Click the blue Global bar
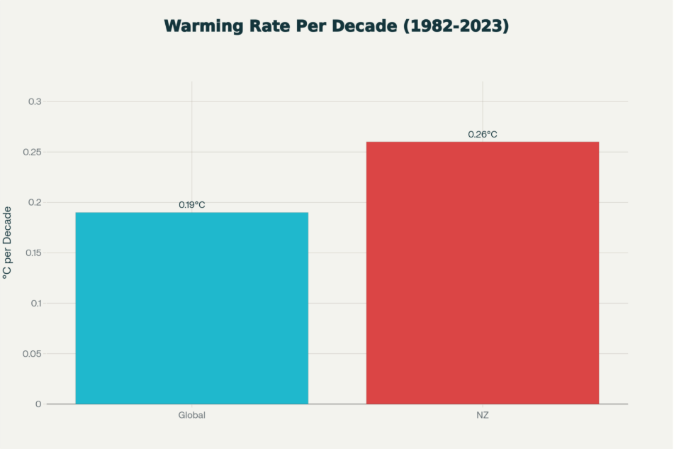191,308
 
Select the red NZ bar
482,272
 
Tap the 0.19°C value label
191,205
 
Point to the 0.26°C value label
483,134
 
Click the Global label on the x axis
191,415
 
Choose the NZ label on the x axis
483,415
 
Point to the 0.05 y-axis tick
33,354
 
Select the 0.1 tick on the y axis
35,304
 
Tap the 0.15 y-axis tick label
33,253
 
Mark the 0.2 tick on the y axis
35,203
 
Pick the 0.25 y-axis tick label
33,153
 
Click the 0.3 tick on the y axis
35,102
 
